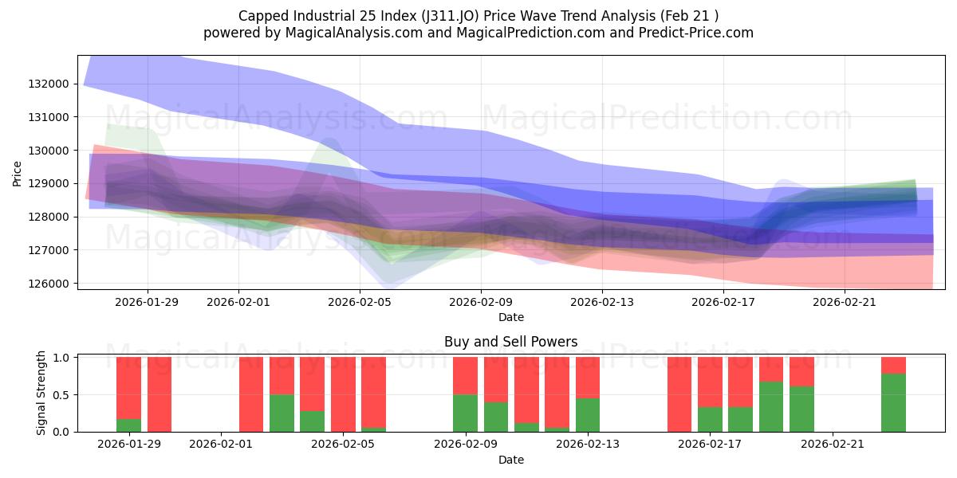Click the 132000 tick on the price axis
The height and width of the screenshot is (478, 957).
[x=49, y=84]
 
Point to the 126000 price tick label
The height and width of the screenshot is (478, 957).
[x=49, y=284]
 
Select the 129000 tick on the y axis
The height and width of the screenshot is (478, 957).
[x=49, y=183]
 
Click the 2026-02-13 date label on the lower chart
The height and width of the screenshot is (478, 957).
[x=587, y=445]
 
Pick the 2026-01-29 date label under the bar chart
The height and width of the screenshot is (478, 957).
[x=128, y=445]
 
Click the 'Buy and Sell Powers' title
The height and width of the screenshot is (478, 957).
[x=510, y=343]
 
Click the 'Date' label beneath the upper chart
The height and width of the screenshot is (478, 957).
[x=510, y=317]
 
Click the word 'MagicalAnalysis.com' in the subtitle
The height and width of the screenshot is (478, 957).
[x=334, y=33]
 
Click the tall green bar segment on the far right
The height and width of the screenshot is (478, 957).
[x=893, y=402]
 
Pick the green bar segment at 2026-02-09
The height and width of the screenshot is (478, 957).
[x=465, y=413]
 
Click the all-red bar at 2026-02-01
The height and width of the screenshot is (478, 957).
[x=251, y=394]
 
